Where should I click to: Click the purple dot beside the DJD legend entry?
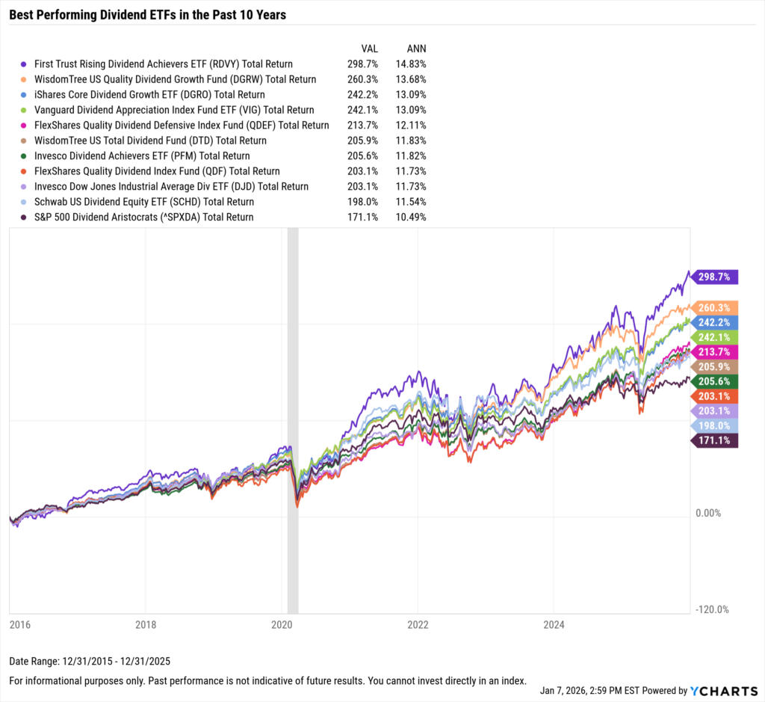coord(25,187)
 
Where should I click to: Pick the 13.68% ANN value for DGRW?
coord(411,79)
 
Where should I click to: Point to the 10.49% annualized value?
coord(411,218)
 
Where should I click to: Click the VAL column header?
coord(370,49)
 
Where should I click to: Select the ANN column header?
coord(416,49)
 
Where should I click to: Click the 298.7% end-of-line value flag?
coord(716,277)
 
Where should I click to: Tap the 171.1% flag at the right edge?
coord(716,441)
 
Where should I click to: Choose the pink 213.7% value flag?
coord(716,352)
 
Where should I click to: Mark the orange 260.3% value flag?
coord(716,307)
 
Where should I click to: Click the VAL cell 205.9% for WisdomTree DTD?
coord(362,141)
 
